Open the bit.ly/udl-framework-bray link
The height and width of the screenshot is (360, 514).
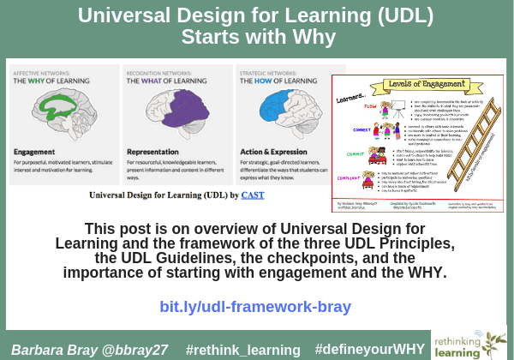click(255, 306)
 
